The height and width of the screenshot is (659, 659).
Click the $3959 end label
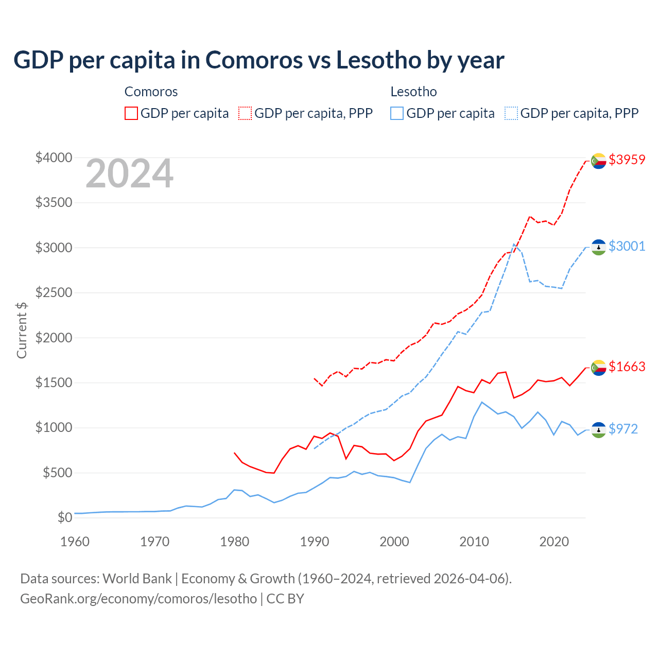(627, 160)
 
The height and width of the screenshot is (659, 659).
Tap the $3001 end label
(627, 246)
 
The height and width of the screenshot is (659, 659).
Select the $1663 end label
(627, 367)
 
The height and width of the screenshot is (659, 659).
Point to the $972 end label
(623, 429)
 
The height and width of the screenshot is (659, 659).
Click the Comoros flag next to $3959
(598, 161)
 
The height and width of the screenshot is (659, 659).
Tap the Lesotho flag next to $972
(598, 430)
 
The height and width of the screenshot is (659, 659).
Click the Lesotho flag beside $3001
(598, 247)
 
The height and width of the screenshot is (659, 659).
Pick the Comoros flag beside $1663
(598, 368)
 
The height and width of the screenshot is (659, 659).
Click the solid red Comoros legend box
(131, 113)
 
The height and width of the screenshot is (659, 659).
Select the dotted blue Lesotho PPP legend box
(511, 113)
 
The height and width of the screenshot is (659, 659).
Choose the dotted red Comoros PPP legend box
(245, 113)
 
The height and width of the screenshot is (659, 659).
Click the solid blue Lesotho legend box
(397, 113)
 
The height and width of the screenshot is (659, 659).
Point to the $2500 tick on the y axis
(54, 292)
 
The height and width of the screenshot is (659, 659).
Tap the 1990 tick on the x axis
(314, 542)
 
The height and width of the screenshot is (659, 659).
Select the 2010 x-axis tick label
(474, 542)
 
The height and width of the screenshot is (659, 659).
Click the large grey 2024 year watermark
(129, 174)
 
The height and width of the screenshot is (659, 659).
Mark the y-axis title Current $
(22, 330)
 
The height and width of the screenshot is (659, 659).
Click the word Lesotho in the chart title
(378, 60)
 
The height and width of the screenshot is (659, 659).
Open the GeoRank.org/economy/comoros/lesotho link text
(138, 599)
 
